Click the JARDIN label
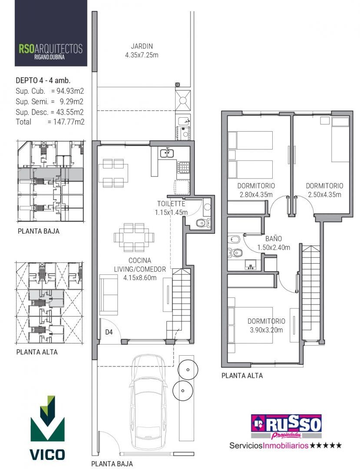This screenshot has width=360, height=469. click(142, 46)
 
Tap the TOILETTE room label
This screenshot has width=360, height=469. click(171, 204)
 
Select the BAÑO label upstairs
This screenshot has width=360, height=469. click(274, 238)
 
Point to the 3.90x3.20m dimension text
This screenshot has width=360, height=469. click(266, 330)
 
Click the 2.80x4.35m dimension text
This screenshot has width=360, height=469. click(256, 195)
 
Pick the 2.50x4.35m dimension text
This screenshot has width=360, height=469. click(324, 195)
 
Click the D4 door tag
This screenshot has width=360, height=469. click(109, 332)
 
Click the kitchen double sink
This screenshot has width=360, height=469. click(168, 153)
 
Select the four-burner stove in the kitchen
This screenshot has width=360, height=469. click(183, 168)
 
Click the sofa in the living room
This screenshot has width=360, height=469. click(109, 294)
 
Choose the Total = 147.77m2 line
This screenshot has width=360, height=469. click(50, 122)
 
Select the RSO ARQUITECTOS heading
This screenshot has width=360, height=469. click(50, 49)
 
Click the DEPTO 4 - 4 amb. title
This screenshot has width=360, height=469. click(43, 80)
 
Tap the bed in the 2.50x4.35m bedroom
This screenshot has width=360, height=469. click(340, 139)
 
